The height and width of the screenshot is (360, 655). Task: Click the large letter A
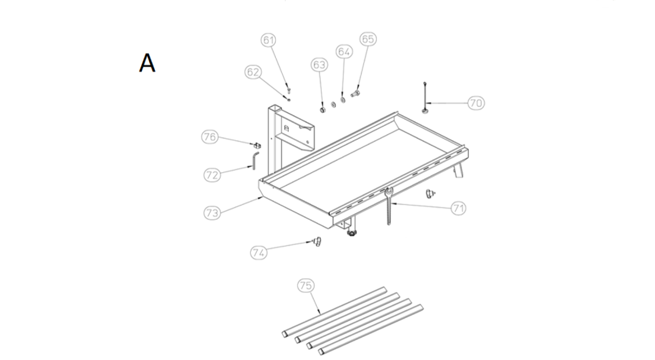147,63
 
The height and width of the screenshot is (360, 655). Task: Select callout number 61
268,40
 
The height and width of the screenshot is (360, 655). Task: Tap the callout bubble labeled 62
253,72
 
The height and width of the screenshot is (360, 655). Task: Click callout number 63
319,64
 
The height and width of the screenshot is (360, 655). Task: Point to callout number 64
344,52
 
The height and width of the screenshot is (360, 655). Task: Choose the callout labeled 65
368,39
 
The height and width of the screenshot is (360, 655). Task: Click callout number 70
476,103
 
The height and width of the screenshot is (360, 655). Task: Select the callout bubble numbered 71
459,208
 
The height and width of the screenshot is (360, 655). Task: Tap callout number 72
212,174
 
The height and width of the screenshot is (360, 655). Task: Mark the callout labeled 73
212,213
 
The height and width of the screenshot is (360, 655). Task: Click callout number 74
259,253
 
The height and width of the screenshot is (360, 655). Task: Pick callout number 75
306,285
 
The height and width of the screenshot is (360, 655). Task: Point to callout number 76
210,137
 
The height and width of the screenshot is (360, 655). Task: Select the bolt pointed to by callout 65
356,93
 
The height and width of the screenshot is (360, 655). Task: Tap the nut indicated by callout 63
322,110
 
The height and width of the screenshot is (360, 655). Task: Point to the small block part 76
256,145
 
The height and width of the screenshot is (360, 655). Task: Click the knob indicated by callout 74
317,241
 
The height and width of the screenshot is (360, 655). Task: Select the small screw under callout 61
288,90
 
